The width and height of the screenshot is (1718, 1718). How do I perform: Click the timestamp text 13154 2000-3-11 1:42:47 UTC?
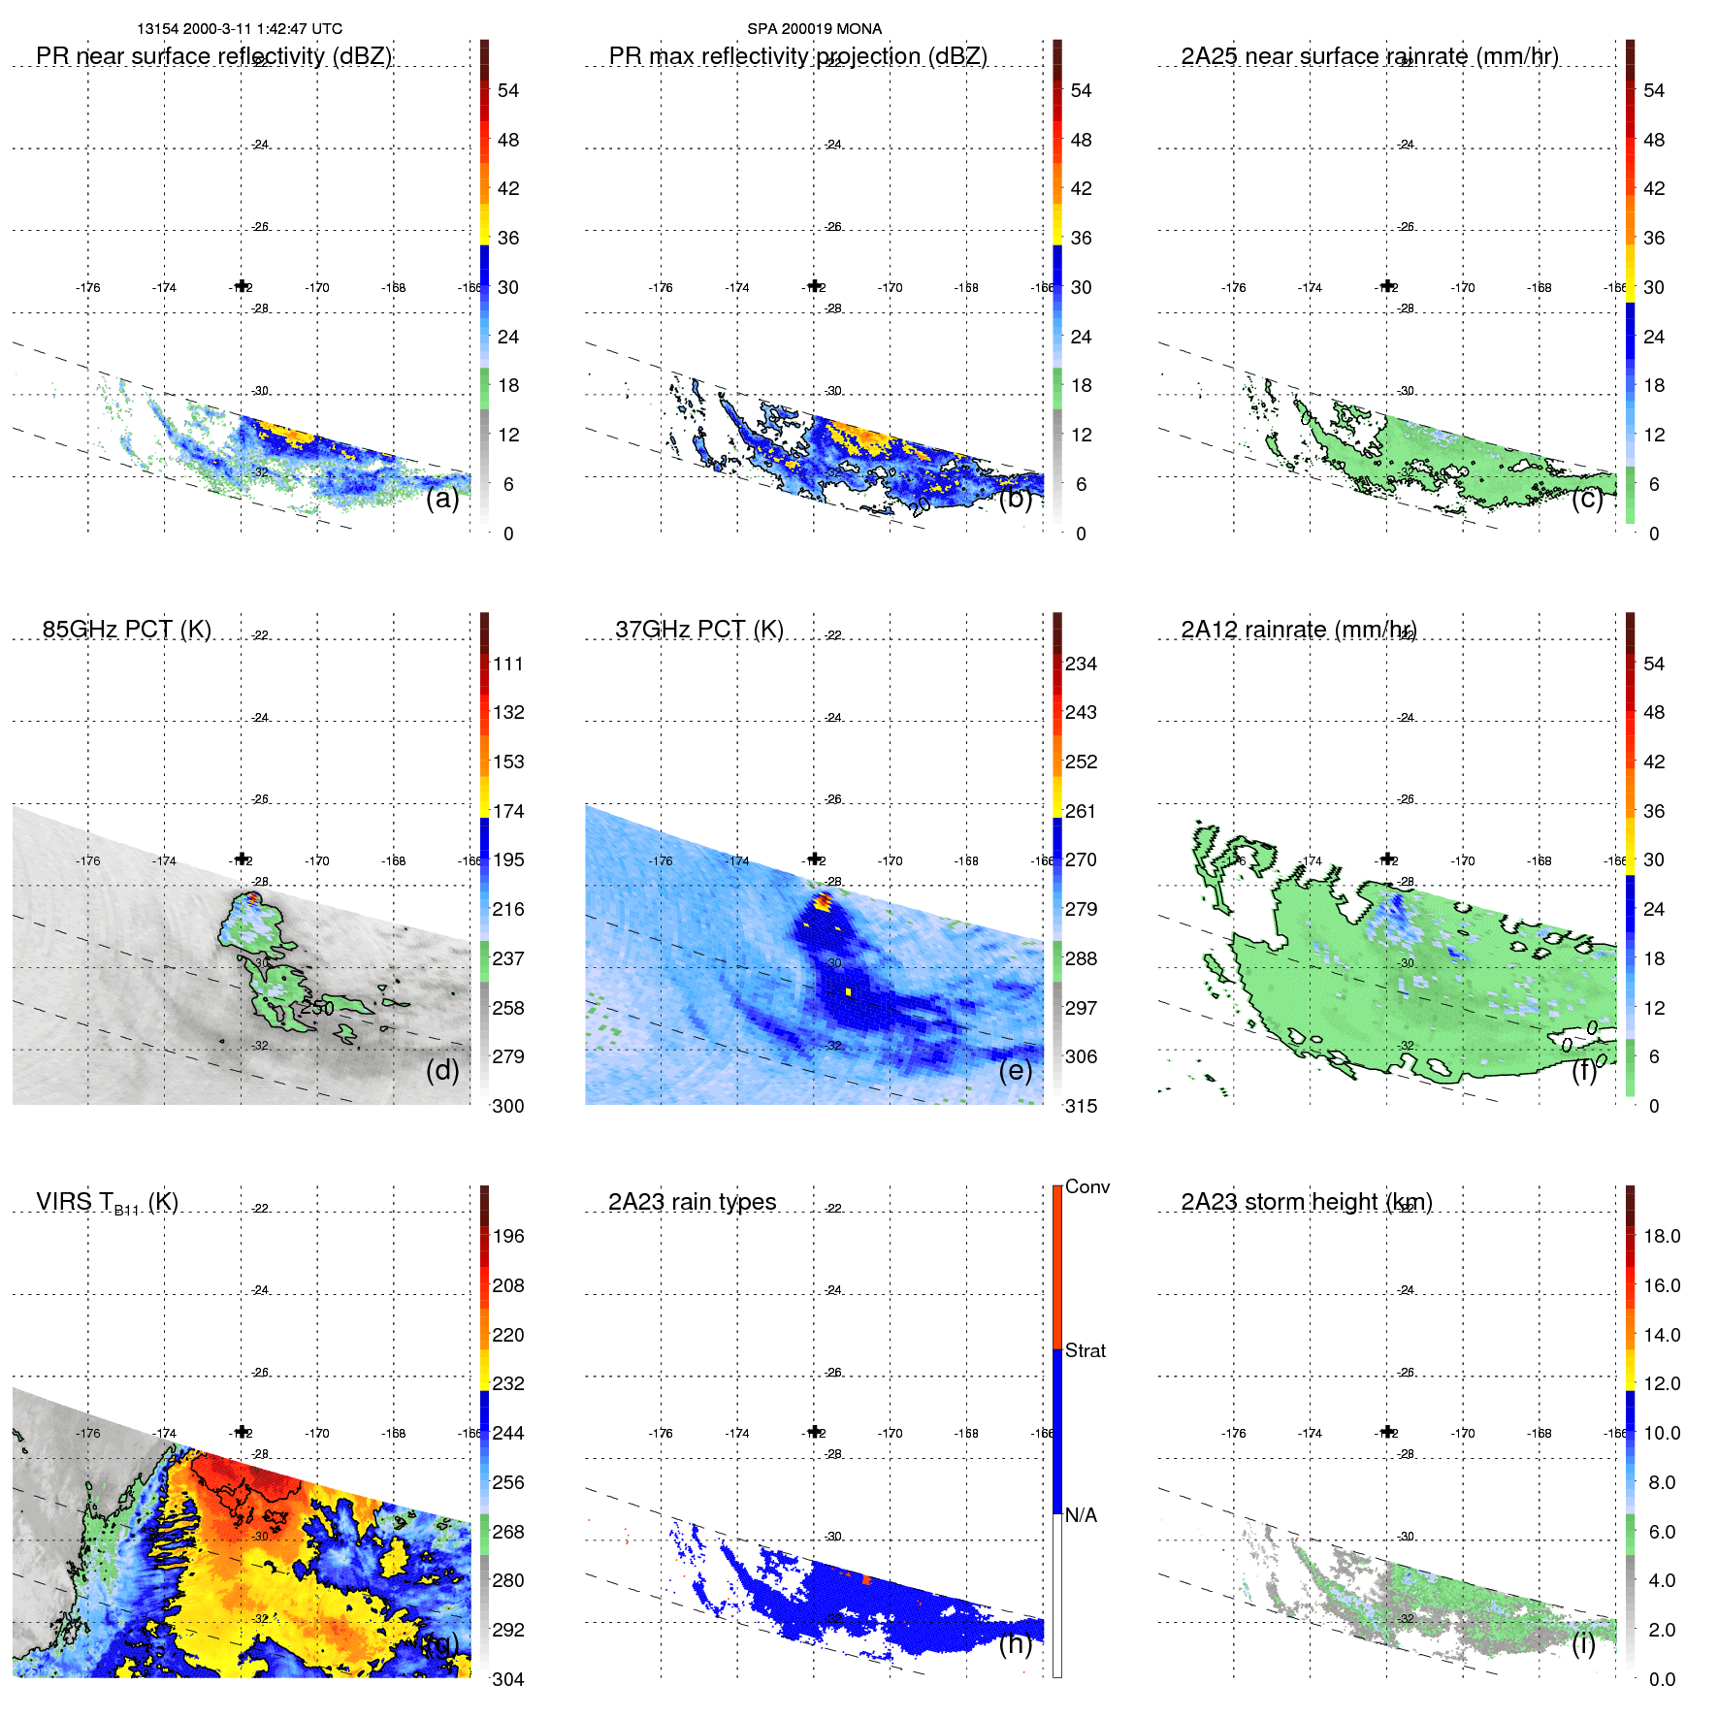240,29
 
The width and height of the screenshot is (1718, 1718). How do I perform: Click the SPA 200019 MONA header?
814,29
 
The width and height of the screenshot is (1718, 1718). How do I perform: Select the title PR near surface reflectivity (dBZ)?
213,56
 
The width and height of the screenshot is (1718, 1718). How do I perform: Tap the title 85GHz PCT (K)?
126,630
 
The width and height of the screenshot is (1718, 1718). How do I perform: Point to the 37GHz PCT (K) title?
698,630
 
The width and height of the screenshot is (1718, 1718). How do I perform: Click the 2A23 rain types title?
692,1202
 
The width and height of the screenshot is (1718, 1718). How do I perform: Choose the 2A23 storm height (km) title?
1306,1202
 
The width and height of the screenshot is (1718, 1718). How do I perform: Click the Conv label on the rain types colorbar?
1086,1186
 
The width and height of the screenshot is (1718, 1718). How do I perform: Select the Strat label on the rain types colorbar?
1085,1350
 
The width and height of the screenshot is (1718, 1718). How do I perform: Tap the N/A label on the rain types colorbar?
1081,1515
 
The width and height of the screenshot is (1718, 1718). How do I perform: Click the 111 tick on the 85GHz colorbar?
507,664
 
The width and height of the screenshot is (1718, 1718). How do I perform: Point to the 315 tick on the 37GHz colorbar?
1081,1106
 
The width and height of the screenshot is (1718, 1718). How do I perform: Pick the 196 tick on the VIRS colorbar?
507,1236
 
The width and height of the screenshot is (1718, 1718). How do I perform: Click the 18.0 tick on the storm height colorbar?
1661,1236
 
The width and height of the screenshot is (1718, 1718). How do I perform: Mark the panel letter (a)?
442,498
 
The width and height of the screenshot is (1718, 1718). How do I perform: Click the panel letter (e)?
1015,1070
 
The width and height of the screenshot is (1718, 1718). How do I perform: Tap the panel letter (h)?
1015,1643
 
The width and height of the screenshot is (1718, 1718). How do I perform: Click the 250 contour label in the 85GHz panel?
316,1008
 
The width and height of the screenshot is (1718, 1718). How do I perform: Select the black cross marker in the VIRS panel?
242,1431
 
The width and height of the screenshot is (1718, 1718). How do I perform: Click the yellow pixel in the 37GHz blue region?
848,991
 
